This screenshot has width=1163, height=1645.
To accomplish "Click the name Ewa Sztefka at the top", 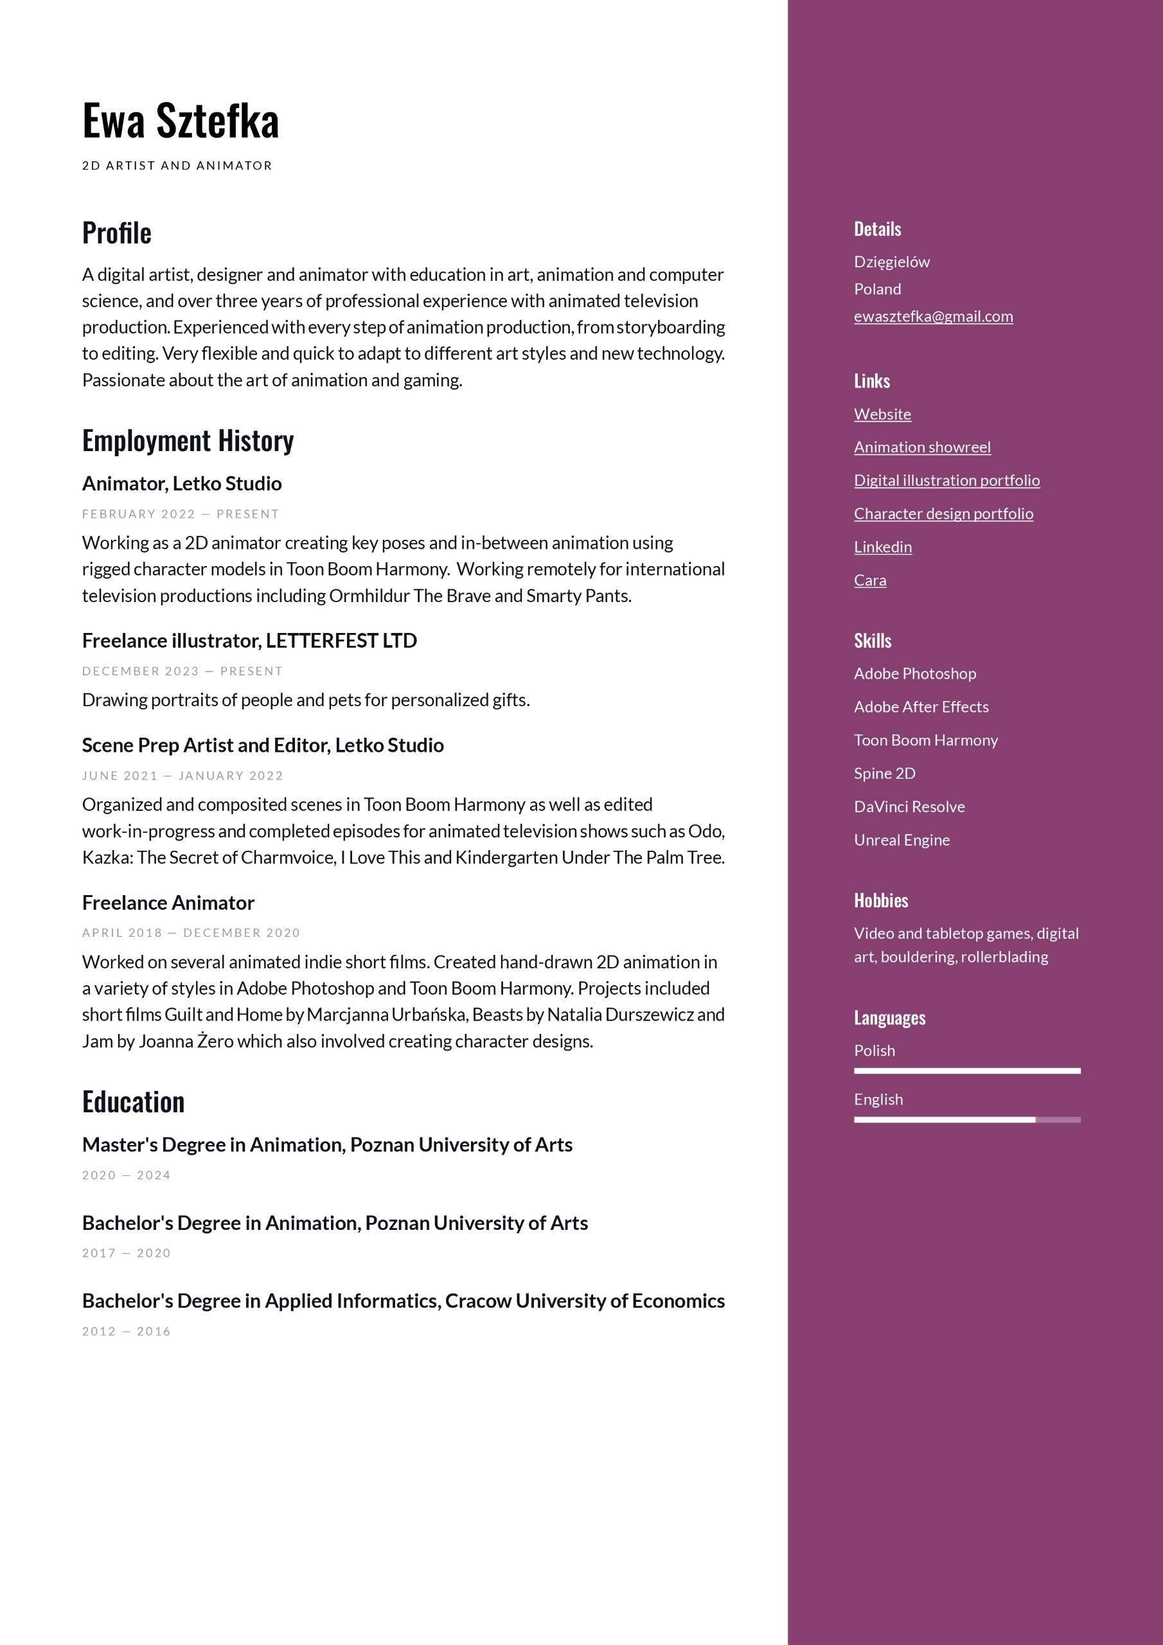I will (x=181, y=121).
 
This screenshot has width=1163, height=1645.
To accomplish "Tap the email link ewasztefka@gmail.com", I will (x=933, y=316).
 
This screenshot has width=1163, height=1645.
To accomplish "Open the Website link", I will (x=882, y=414).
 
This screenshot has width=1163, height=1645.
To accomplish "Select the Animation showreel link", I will (x=922, y=447).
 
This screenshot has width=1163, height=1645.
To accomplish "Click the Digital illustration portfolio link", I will (x=946, y=480).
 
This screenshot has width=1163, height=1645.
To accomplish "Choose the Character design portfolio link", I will (x=943, y=513).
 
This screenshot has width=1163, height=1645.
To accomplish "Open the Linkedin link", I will (x=883, y=547).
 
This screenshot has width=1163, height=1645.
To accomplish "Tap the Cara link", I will (x=870, y=580).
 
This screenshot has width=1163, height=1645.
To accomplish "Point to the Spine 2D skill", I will (x=884, y=773).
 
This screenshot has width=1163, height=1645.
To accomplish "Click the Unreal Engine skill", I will (x=901, y=840).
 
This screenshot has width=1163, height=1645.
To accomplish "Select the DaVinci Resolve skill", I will (x=909, y=806).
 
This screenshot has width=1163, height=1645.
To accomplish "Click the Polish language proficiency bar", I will (x=966, y=1071).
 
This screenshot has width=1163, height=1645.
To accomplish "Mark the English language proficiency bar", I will (x=966, y=1120).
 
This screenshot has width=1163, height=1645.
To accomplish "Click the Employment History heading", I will (x=188, y=441).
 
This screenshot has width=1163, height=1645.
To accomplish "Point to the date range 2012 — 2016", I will (x=126, y=1331).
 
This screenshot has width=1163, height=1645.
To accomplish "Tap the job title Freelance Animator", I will (x=168, y=903).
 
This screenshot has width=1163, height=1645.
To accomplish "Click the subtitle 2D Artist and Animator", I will (x=177, y=166).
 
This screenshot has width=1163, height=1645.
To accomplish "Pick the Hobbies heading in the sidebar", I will (x=881, y=901).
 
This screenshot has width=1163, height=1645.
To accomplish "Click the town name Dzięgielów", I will (x=891, y=262).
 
